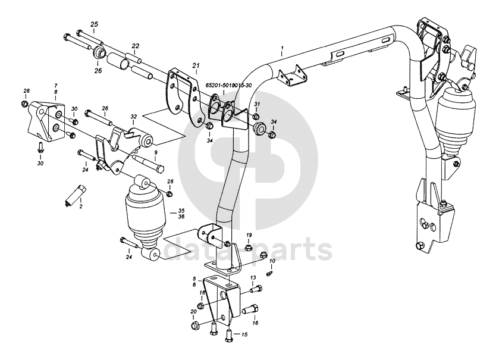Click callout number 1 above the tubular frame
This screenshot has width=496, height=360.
pyautogui.click(x=283, y=46)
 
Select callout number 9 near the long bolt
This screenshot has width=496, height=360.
pyautogui.click(x=156, y=152)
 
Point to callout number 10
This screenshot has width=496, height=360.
pyautogui.click(x=272, y=261)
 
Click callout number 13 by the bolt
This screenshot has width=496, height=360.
pyautogui.click(x=252, y=278)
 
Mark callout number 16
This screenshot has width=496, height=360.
pyautogui.click(x=256, y=323)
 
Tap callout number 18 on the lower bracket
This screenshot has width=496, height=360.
pyautogui.click(x=202, y=293)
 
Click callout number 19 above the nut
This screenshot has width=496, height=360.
pyautogui.click(x=249, y=236)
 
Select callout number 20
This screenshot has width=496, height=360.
pyautogui.click(x=193, y=312)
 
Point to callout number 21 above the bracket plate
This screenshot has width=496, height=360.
pyautogui.click(x=196, y=64)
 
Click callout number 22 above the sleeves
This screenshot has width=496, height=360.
pyautogui.click(x=136, y=46)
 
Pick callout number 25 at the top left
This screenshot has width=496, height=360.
pyautogui.click(x=94, y=23)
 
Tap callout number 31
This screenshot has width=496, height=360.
pyautogui.click(x=257, y=105)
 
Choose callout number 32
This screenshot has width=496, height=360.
pyautogui.click(x=134, y=117)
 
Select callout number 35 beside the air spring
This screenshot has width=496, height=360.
pyautogui.click(x=181, y=210)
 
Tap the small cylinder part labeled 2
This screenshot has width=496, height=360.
pyautogui.click(x=75, y=194)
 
